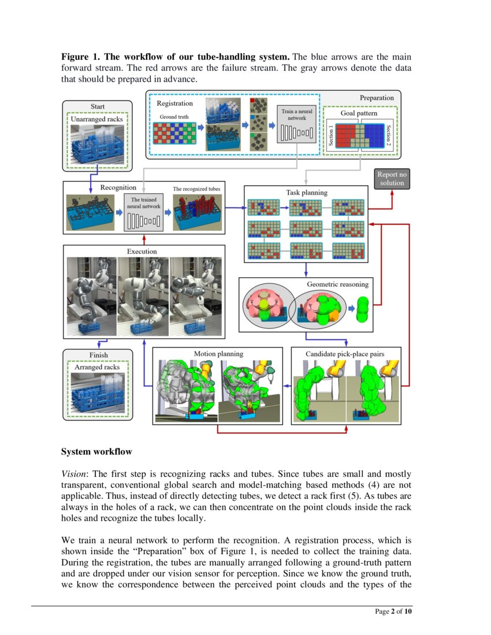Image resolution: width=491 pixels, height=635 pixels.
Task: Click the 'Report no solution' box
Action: pos(392,178)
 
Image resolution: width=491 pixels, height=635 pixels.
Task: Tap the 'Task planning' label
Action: pos(306,192)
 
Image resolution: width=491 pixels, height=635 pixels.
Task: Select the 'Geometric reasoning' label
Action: pos(337,284)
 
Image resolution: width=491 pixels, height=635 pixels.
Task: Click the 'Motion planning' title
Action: pos(218,353)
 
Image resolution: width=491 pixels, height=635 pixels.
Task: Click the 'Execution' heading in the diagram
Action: pos(142,251)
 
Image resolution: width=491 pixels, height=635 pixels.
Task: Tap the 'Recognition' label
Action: pos(118,187)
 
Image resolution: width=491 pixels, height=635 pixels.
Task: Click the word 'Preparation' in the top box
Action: pos(377,98)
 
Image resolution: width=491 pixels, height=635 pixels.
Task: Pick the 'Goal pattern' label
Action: pos(359,113)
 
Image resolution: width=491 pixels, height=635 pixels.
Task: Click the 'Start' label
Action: pos(98,106)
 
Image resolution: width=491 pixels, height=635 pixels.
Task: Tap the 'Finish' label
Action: pos(98,354)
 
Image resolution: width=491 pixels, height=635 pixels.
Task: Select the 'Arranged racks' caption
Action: pos(97,367)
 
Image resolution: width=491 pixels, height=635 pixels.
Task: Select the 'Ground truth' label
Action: pos(174,117)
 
